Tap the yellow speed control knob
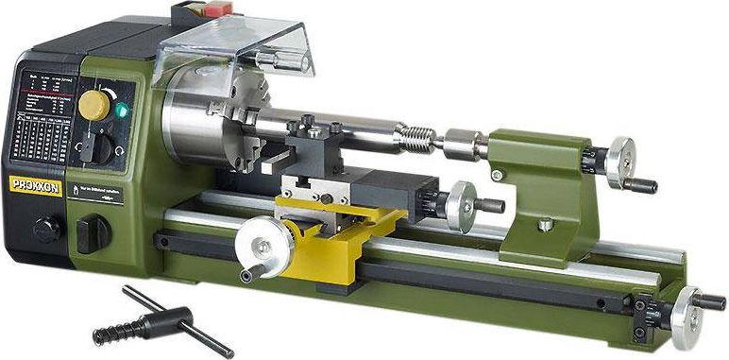(94, 104)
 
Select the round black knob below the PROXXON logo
(45, 229)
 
